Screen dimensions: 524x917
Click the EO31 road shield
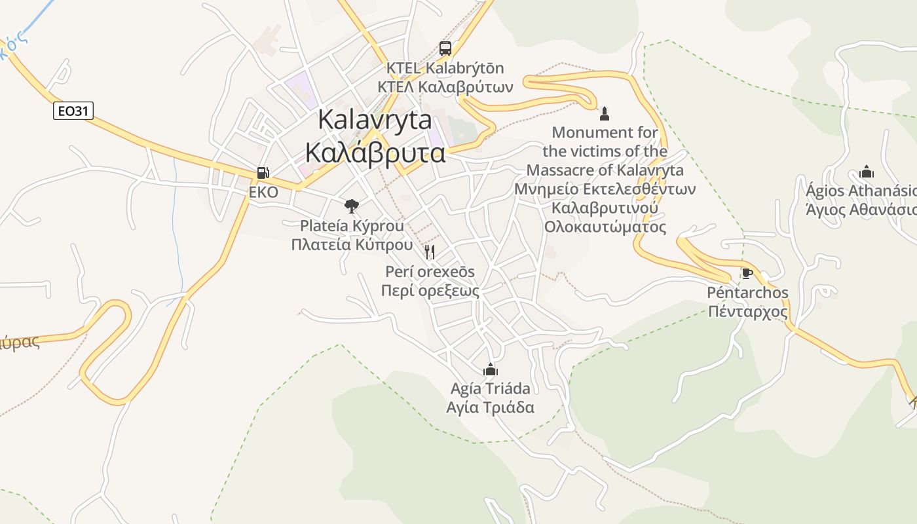73,111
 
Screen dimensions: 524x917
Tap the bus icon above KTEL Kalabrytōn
445,48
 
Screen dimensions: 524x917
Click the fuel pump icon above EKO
263,173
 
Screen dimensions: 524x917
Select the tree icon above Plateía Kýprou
352,206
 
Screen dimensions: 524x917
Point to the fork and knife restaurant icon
430,252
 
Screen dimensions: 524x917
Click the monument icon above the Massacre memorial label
605,113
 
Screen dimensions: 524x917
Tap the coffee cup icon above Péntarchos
747,273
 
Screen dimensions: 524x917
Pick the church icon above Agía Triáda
490,369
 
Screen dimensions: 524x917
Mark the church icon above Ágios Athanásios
867,172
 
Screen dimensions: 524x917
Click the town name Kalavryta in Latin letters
375,120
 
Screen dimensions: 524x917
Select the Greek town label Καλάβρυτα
375,153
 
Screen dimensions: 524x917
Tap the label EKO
263,193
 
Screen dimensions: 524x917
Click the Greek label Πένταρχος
748,311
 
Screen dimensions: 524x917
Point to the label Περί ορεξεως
430,291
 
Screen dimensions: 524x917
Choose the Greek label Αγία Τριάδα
490,407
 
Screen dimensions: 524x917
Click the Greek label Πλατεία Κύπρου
352,245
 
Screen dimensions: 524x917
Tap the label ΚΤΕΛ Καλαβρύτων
445,86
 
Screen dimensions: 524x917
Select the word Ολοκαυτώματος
605,227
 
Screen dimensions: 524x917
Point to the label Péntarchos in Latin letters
748,292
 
